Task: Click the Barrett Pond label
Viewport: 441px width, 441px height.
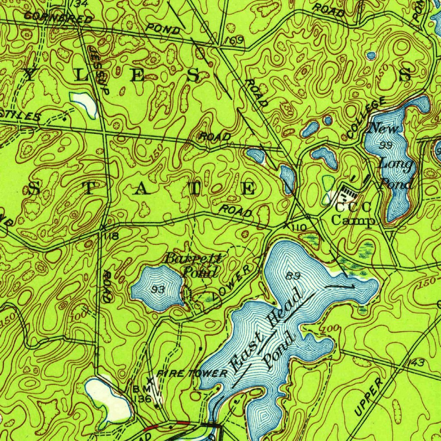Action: (x=194, y=265)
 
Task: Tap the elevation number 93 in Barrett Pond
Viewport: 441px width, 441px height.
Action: (x=158, y=290)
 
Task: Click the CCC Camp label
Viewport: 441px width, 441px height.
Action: (x=354, y=214)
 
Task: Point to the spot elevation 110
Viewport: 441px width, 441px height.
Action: (x=300, y=227)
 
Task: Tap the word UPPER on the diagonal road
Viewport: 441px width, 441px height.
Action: (x=368, y=397)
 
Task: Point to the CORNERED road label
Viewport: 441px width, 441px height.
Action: (x=58, y=17)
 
